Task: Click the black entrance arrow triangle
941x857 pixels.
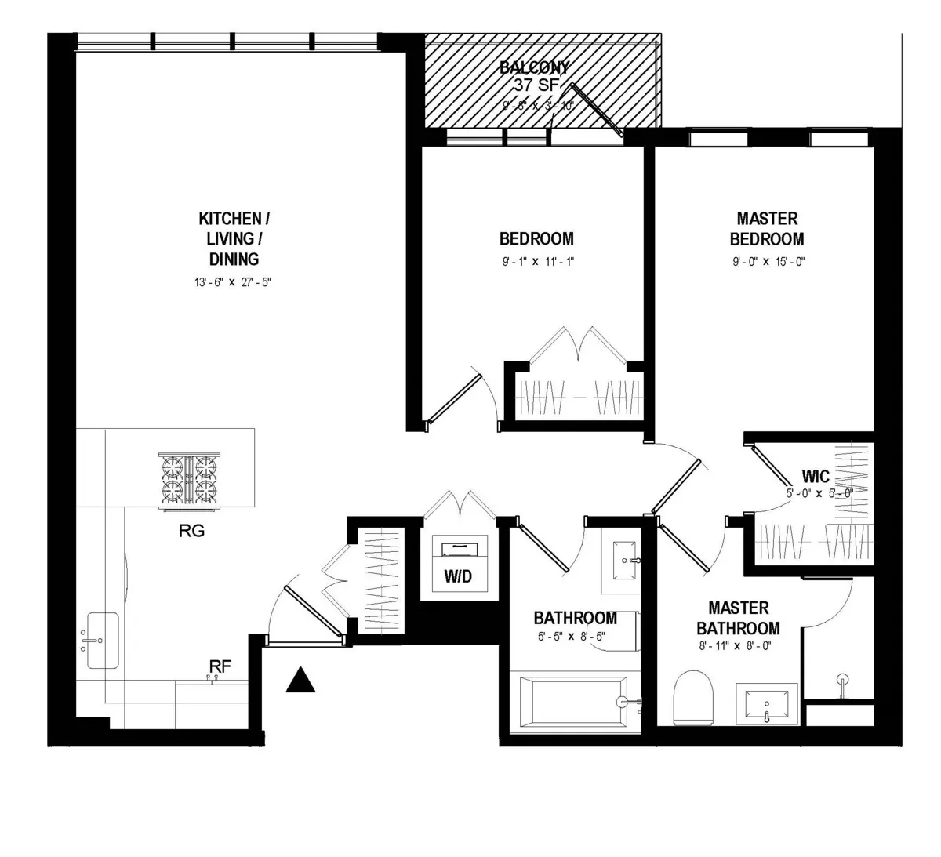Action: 300,681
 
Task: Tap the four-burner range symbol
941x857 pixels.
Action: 188,479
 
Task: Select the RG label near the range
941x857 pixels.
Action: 191,532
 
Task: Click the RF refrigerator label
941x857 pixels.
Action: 220,666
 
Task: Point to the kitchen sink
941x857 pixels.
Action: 102,641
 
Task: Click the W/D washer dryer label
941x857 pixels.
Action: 458,577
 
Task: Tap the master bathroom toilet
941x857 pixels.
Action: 695,695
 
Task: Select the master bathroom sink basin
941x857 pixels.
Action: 766,703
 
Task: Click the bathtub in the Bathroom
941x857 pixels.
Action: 571,702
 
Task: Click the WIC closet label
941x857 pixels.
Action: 816,477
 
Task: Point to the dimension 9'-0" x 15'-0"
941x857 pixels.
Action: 766,263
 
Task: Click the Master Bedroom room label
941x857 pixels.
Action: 766,229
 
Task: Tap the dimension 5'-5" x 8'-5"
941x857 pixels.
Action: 575,637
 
